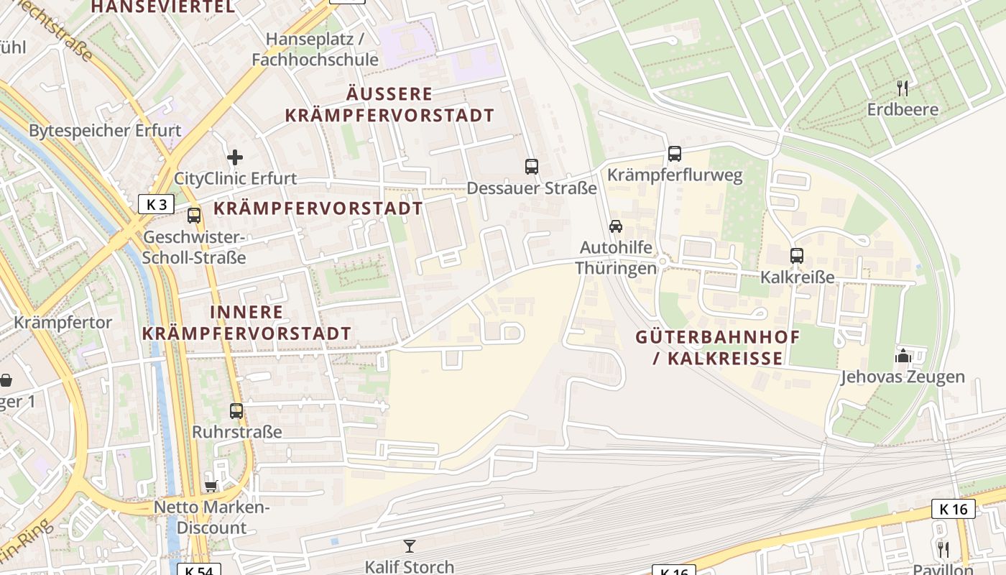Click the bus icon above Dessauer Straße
(532, 167)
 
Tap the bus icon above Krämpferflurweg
(674, 153)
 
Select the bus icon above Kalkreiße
(796, 255)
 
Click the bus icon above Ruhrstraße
(236, 411)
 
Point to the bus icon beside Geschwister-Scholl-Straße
(194, 215)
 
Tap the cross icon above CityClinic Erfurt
(235, 157)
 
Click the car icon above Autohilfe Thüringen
(616, 226)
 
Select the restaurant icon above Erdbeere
(903, 88)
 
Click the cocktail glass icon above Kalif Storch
(410, 546)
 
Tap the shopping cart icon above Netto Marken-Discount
(211, 487)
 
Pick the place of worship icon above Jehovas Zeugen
(903, 356)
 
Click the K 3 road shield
(156, 204)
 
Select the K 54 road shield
(198, 570)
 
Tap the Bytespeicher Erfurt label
(105, 131)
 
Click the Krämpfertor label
(63, 322)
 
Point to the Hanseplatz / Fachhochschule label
(315, 49)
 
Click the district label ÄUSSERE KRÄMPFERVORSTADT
(389, 104)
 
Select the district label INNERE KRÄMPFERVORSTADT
(246, 323)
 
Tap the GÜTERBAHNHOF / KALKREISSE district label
(718, 347)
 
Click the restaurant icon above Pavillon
(943, 549)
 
